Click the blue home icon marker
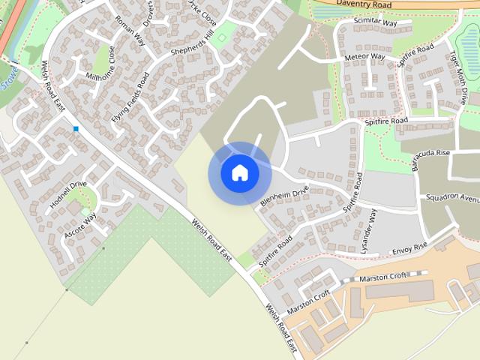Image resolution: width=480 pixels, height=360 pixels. [240, 172]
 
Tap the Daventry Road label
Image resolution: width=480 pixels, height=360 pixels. [364, 4]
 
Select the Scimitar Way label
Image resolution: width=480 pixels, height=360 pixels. [376, 23]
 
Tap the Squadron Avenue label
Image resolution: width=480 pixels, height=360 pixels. [452, 199]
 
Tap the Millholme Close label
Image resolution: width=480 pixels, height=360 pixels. [101, 65]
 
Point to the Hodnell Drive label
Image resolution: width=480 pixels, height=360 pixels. [68, 194]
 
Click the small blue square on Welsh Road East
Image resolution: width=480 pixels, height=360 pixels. [76, 129]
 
